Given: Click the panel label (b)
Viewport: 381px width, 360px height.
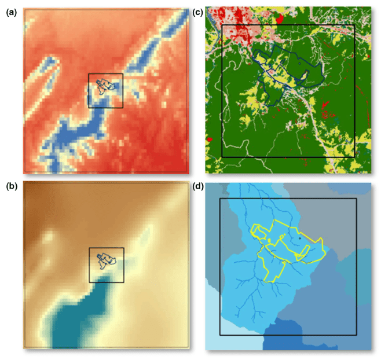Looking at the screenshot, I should pos(9,187).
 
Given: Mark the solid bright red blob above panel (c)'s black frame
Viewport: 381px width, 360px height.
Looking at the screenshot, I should pos(281,19).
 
